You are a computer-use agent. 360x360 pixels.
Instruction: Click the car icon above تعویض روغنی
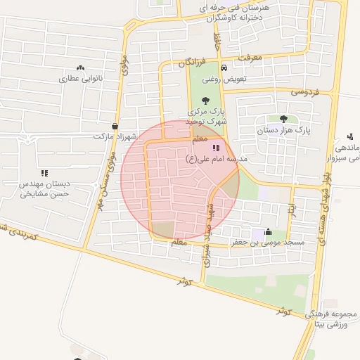[224, 68]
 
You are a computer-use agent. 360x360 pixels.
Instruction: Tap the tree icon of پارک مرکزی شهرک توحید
[205, 101]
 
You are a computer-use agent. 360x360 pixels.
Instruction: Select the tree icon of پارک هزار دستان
[283, 119]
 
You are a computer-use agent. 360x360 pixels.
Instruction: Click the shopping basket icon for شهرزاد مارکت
[115, 126]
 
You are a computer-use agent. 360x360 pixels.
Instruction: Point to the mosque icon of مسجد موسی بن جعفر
[268, 231]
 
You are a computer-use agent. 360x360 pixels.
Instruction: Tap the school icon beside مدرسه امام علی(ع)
[215, 148]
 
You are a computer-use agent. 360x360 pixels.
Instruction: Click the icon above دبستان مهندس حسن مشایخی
[44, 172]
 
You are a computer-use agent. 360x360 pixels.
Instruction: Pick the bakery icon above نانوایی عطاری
[80, 68]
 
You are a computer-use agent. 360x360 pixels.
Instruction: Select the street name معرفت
[250, 56]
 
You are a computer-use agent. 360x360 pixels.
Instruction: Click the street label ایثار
[291, 210]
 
